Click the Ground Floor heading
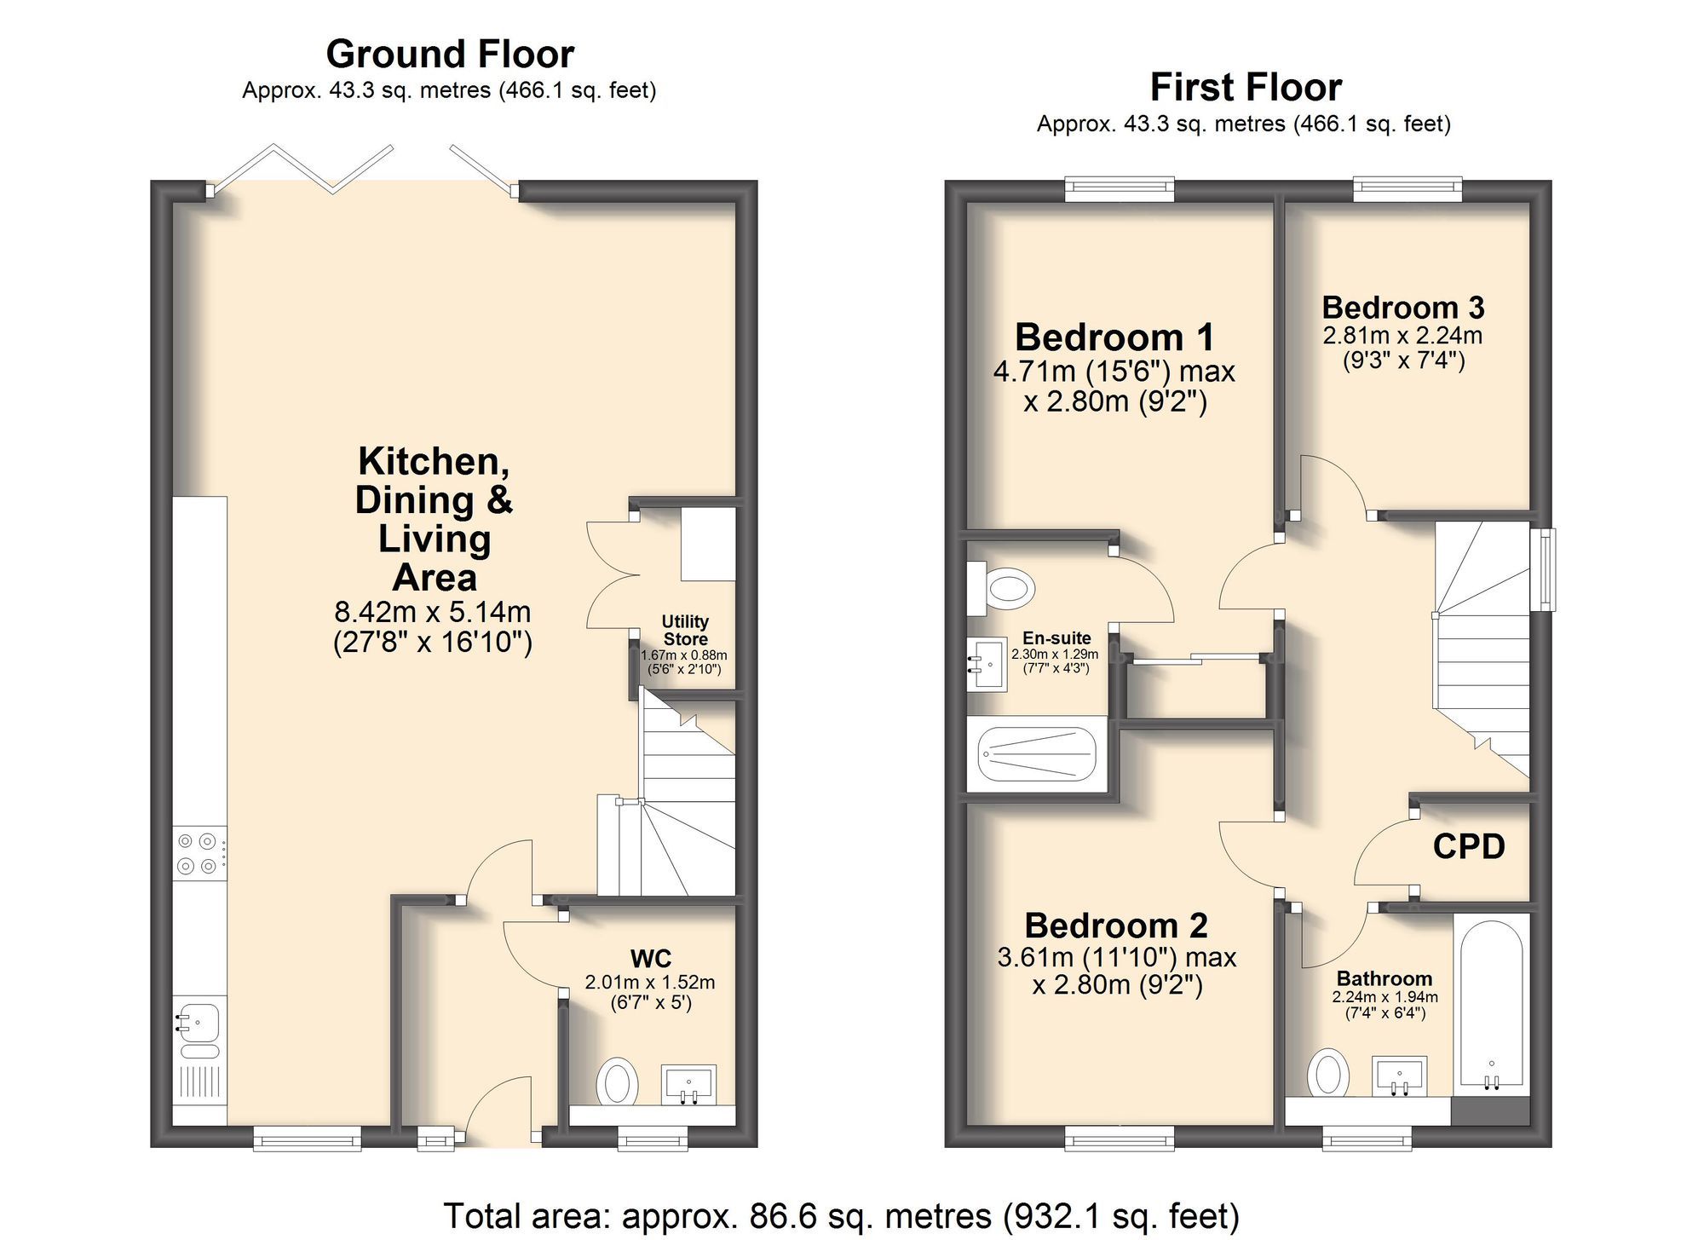(450, 55)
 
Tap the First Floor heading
(1245, 87)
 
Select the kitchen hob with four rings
(199, 854)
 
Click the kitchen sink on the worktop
(199, 1019)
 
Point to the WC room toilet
(618, 1082)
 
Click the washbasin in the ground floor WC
(689, 1084)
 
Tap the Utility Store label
(686, 630)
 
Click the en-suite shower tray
(1036, 754)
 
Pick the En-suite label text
(1056, 638)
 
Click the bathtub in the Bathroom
(1491, 1006)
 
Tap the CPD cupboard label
(1469, 846)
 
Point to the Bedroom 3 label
(1402, 307)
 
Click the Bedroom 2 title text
(1116, 926)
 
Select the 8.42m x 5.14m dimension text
(433, 612)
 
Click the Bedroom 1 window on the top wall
(1119, 188)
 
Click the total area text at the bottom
(841, 1215)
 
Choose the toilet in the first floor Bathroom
(1327, 1072)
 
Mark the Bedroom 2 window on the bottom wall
(1119, 1138)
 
